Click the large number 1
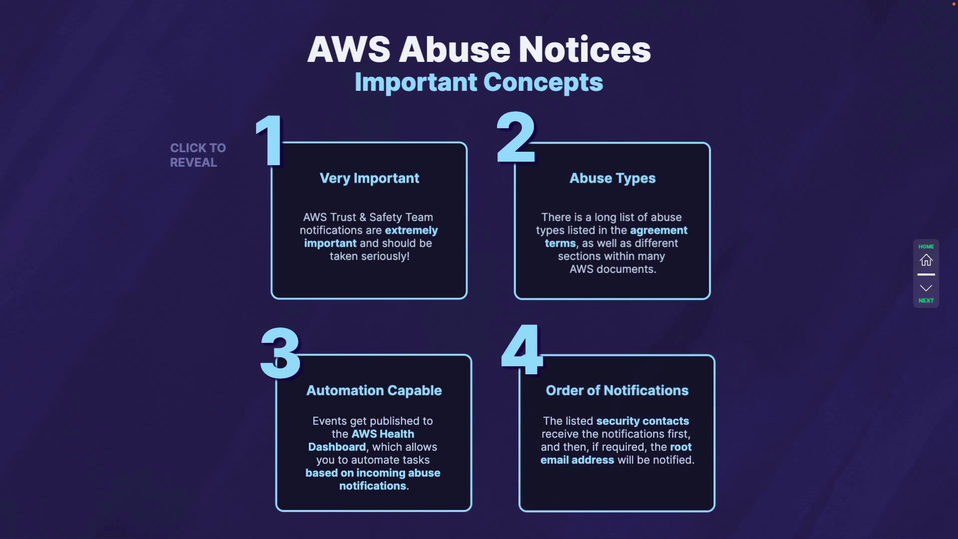click(x=270, y=140)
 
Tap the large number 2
click(x=516, y=138)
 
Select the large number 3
click(x=280, y=353)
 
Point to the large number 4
click(x=522, y=349)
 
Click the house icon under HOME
click(x=926, y=260)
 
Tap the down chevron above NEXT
click(x=926, y=288)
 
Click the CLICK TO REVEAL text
click(x=198, y=155)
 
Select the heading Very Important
click(x=369, y=179)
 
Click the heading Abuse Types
click(x=612, y=179)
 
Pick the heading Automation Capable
click(x=374, y=390)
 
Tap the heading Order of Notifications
click(x=617, y=390)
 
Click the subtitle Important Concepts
click(x=479, y=82)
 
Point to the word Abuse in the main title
click(x=454, y=49)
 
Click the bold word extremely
click(x=411, y=231)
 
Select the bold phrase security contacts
click(x=642, y=421)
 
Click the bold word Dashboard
click(x=337, y=447)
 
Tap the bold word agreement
click(x=659, y=231)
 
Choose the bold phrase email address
click(x=577, y=460)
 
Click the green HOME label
click(x=926, y=247)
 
